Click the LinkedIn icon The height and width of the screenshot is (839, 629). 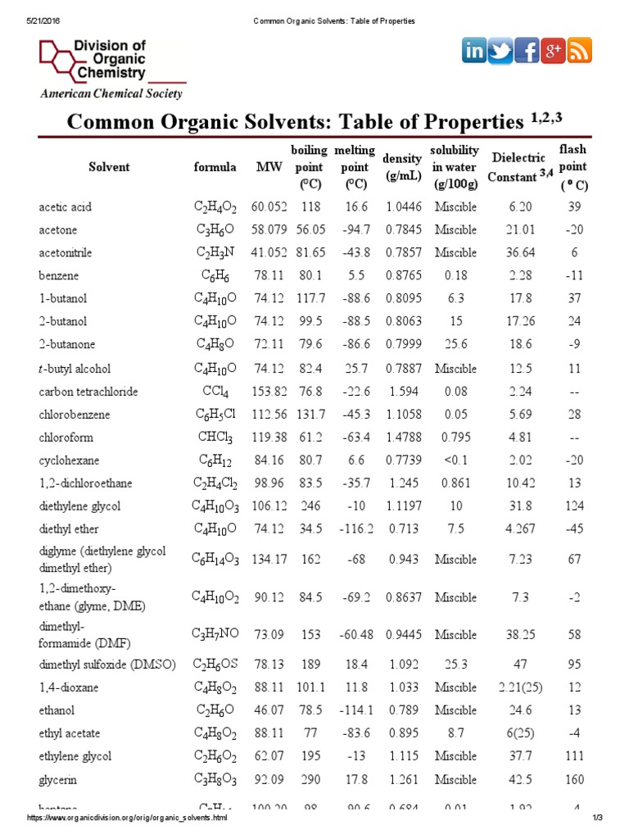pyautogui.click(x=474, y=51)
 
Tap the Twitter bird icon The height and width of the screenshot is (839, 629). pyautogui.click(x=500, y=51)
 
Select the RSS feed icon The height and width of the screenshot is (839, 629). pyautogui.click(x=580, y=51)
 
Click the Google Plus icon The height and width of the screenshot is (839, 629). pyautogui.click(x=554, y=51)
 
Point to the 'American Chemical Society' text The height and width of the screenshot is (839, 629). pyautogui.click(x=112, y=93)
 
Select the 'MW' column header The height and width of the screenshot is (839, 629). pyautogui.click(x=269, y=167)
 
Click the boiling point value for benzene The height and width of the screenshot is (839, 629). pyautogui.click(x=310, y=276)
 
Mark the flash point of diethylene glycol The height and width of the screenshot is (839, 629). pyautogui.click(x=574, y=506)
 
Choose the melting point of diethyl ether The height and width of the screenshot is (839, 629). pyautogui.click(x=355, y=529)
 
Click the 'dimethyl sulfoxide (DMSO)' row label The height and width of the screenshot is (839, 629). pyautogui.click(x=107, y=664)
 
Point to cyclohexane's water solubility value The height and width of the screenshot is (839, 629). pyautogui.click(x=455, y=460)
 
